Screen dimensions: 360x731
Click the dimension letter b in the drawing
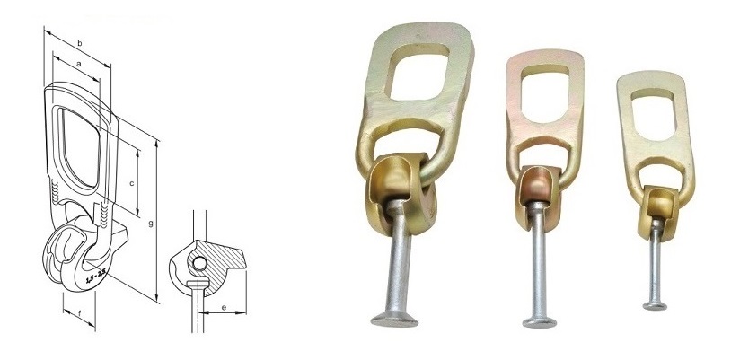[x=80, y=43]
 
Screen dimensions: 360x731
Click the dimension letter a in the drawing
[x=79, y=65]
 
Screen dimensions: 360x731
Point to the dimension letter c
[x=132, y=182]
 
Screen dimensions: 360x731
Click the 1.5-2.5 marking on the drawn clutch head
[x=91, y=274]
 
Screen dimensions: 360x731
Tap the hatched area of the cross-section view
[x=225, y=260]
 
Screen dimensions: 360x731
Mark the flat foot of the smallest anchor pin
[x=658, y=305]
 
